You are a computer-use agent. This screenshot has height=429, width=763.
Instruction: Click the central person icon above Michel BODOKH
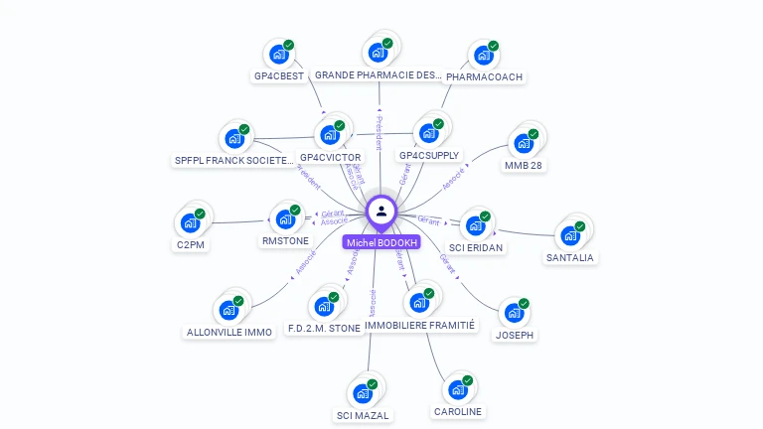[381, 211]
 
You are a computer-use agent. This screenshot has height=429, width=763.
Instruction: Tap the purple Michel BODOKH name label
[381, 242]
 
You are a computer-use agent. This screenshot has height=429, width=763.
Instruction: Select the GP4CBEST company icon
[278, 55]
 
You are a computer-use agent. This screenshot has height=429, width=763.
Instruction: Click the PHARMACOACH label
[484, 76]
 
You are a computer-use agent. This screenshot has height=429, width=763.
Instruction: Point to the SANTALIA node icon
[569, 235]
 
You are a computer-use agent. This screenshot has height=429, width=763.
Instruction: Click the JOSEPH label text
[515, 335]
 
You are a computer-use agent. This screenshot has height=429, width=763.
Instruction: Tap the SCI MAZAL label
[363, 415]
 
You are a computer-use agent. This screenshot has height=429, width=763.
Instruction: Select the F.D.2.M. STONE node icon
[324, 306]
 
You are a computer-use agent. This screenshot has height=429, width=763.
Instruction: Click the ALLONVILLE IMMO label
[229, 332]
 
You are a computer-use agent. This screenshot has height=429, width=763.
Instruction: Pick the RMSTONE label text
[285, 240]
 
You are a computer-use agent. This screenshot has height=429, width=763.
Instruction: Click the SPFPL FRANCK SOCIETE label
[234, 160]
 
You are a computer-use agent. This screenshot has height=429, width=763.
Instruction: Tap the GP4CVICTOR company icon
[329, 135]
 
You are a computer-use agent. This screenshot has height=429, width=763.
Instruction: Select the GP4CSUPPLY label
[429, 156]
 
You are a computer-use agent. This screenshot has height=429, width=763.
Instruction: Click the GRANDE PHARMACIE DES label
[378, 74]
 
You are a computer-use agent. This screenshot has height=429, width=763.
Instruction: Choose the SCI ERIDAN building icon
[475, 225]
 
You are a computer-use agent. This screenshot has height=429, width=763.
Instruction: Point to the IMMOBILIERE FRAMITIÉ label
[421, 325]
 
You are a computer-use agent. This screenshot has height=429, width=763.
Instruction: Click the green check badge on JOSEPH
[524, 304]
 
